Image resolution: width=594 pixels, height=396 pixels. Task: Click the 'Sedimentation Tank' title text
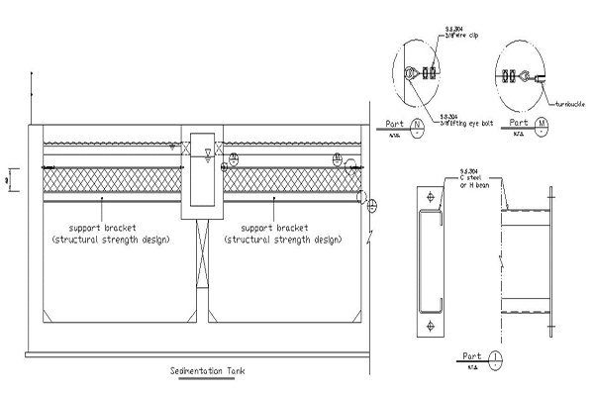(x=207, y=371)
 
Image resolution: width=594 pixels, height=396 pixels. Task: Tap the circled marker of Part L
(x=494, y=355)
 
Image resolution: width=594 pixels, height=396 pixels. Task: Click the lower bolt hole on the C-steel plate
(x=428, y=325)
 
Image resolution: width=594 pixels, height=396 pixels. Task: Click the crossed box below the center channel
(x=202, y=251)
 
